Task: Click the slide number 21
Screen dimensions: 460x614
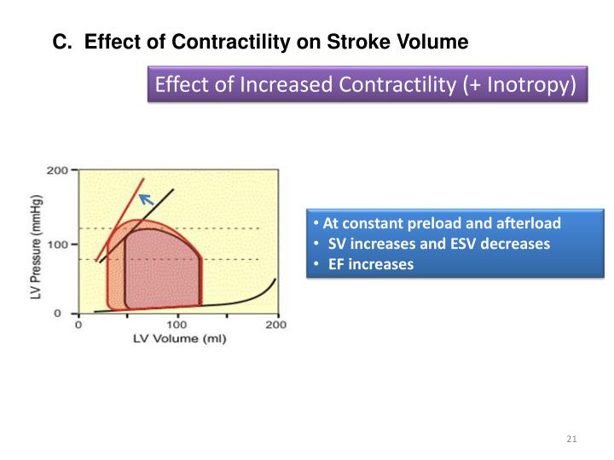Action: pyautogui.click(x=571, y=439)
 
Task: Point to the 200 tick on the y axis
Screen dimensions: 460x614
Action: pyautogui.click(x=57, y=170)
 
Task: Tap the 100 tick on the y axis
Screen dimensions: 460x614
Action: pyautogui.click(x=57, y=245)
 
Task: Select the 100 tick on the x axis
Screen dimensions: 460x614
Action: pyautogui.click(x=177, y=325)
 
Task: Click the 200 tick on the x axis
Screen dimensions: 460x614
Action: pyautogui.click(x=275, y=325)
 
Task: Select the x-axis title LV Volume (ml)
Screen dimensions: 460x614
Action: pyautogui.click(x=178, y=340)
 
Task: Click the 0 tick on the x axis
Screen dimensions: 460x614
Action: pyautogui.click(x=78, y=325)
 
